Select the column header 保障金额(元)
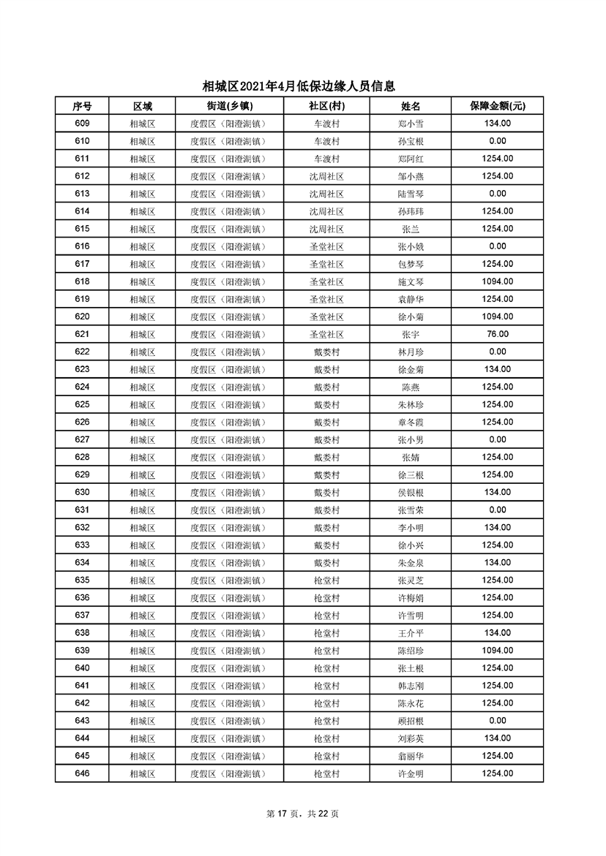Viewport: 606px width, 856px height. (497, 106)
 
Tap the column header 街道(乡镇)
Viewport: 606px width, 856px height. (227, 106)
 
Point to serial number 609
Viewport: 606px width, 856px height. (82, 124)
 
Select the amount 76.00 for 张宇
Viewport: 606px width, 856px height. (497, 334)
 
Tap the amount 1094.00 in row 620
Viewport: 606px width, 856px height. (497, 317)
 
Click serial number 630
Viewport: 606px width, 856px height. (82, 492)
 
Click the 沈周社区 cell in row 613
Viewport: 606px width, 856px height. (326, 194)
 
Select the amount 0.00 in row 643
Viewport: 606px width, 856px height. (497, 721)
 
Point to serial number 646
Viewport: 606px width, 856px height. (82, 773)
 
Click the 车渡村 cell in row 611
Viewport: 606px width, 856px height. (326, 159)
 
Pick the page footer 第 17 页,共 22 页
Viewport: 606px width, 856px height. (303, 814)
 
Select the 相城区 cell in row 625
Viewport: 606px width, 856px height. (142, 404)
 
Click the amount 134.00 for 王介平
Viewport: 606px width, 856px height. (497, 633)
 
